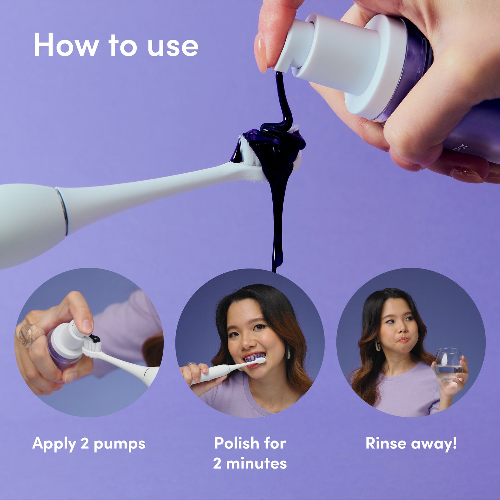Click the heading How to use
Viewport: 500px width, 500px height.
[116, 45]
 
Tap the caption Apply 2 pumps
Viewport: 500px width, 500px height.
[89, 444]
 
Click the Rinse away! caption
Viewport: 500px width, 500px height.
[411, 443]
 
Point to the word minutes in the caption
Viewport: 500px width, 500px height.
[256, 463]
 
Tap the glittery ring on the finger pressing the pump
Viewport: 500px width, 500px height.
[29, 335]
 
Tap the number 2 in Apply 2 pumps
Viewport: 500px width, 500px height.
[85, 443]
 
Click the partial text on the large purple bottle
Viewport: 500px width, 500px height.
[462, 148]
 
